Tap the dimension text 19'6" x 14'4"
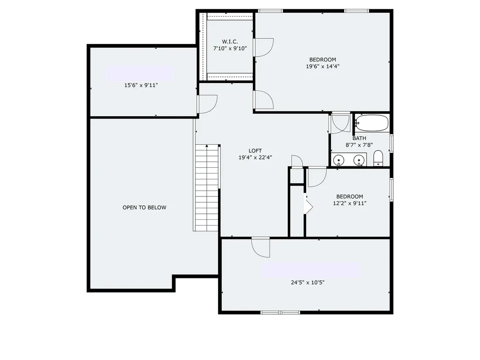322,66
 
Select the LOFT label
255,150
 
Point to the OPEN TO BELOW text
144,208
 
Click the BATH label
359,138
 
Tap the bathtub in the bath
371,123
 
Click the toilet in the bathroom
378,158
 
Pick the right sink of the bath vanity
360,161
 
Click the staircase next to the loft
207,187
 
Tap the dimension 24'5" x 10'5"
307,282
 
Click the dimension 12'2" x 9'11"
349,203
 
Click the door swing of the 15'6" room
207,104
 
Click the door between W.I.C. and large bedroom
263,47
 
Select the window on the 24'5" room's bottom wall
280,312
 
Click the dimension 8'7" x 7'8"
359,145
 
